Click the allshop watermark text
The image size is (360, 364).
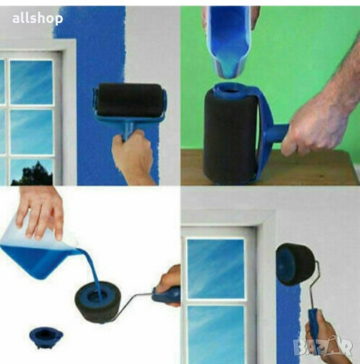click(x=38, y=19)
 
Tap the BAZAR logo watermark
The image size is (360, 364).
click(x=323, y=347)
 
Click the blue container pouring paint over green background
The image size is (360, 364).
click(x=229, y=42)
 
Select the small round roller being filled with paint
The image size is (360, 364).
click(x=98, y=304)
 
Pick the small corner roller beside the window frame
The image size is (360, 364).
click(x=296, y=264)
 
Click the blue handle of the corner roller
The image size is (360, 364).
click(x=313, y=325)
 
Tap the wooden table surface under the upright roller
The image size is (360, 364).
click(x=302, y=168)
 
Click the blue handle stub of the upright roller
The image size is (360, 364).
click(x=276, y=133)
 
